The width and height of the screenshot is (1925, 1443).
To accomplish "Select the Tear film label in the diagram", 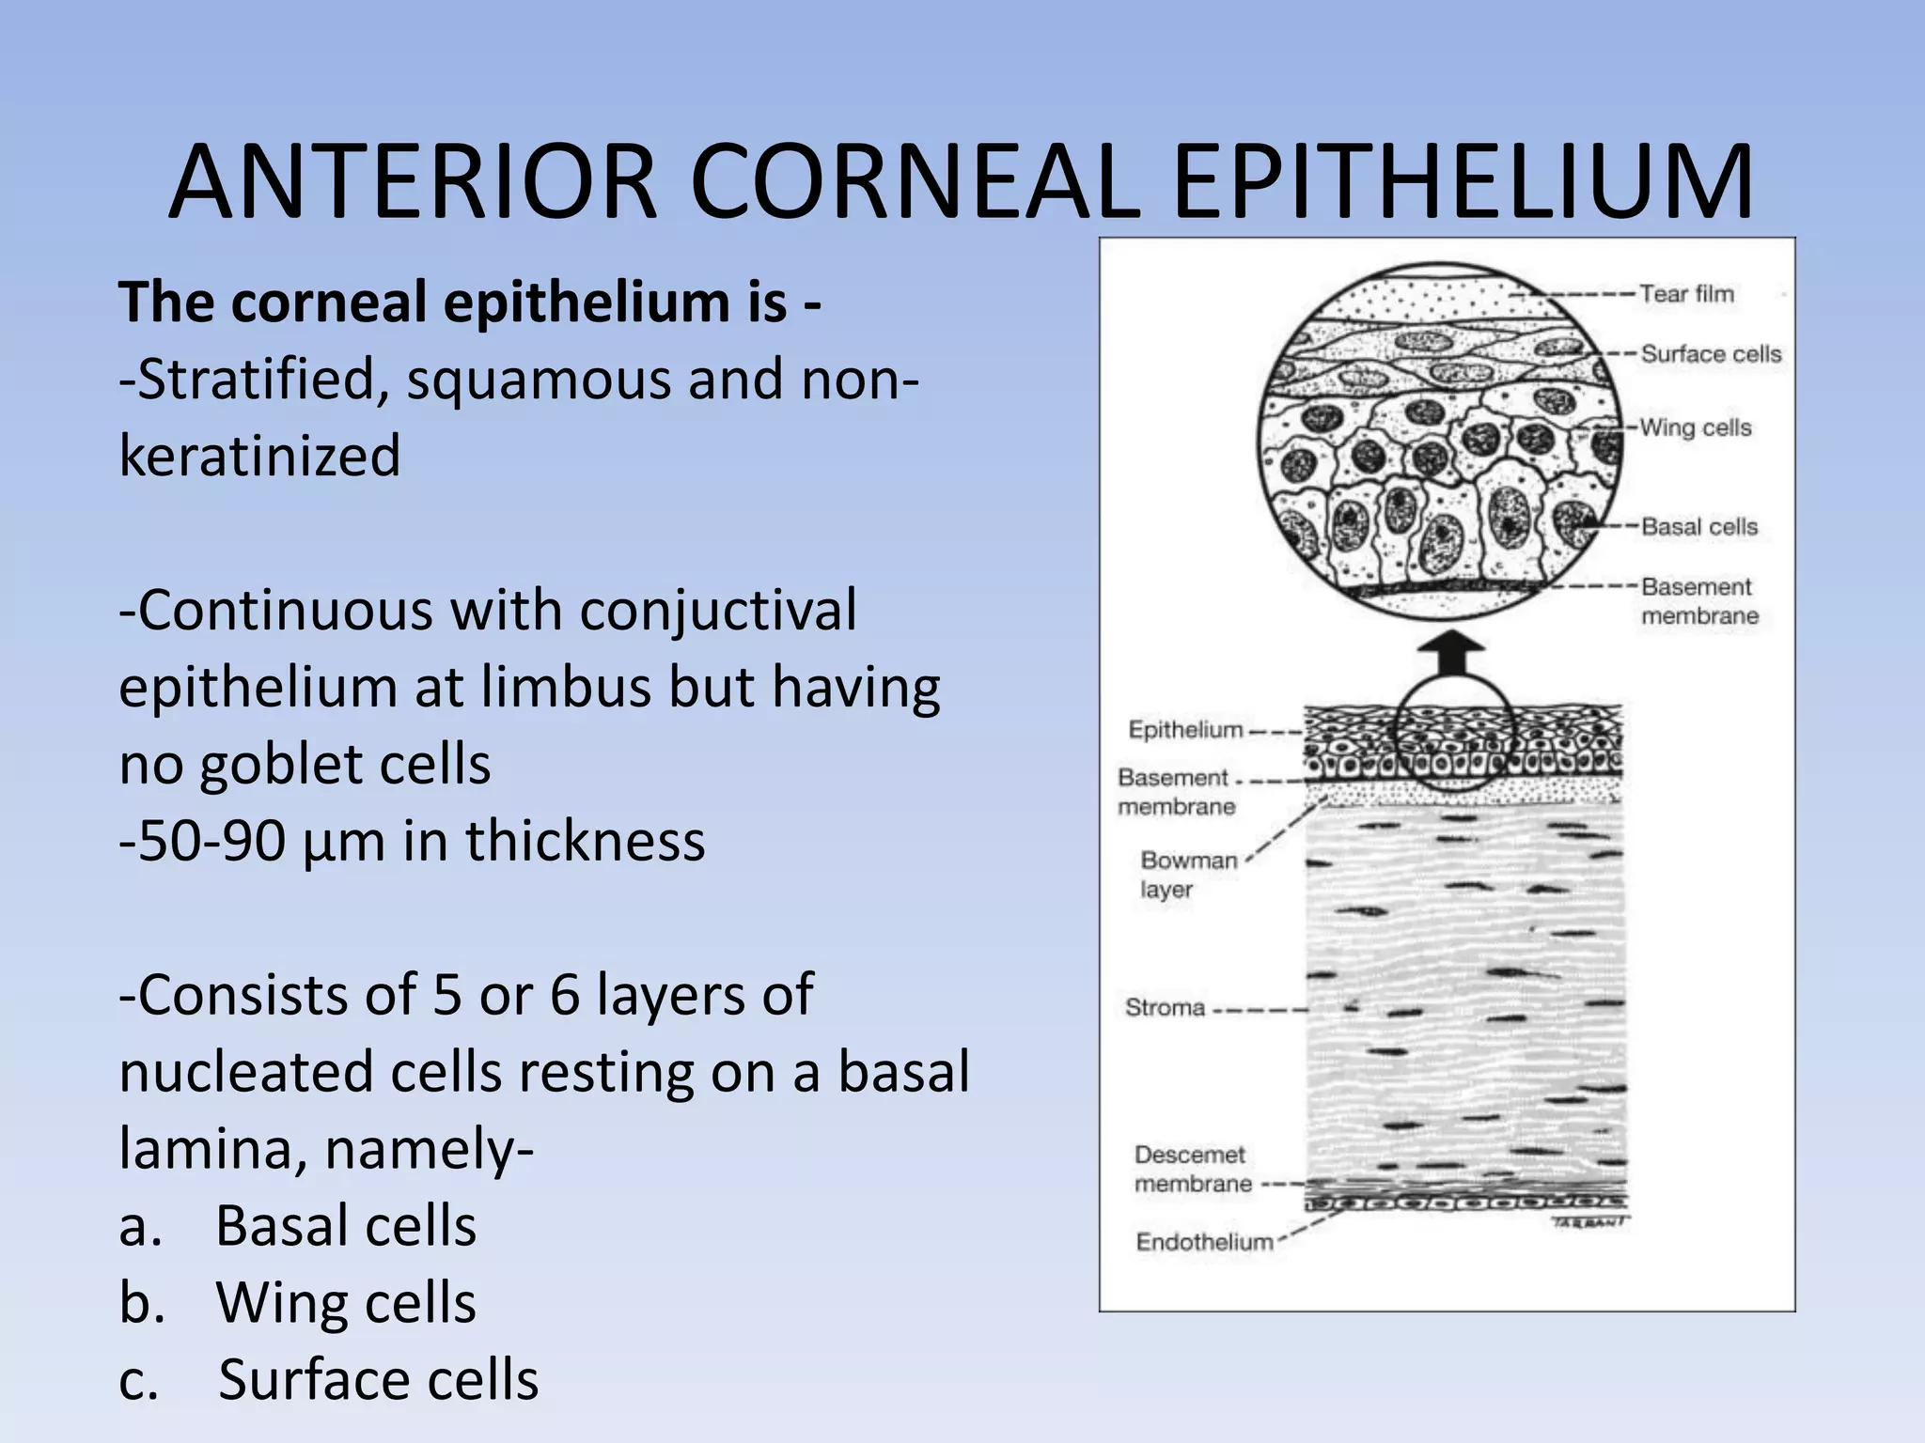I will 1686,294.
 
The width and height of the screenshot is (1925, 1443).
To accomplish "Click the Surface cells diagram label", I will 1711,354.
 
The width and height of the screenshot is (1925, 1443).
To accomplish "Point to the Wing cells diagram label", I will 1696,427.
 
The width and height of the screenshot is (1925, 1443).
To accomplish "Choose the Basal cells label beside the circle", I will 1699,527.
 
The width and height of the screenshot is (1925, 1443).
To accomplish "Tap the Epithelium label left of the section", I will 1185,730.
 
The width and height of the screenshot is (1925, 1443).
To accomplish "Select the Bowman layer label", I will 1187,875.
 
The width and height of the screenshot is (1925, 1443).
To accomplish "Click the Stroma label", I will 1165,1008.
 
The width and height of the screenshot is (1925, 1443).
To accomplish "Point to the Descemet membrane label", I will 1192,1169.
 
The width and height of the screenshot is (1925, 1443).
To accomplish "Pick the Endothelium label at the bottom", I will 1204,1242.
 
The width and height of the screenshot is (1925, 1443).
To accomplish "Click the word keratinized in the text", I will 259,457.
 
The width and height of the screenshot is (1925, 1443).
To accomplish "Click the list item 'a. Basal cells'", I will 298,1226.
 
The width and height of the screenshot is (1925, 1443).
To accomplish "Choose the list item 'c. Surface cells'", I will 329,1380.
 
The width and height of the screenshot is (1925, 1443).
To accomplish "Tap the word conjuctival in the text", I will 717,611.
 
